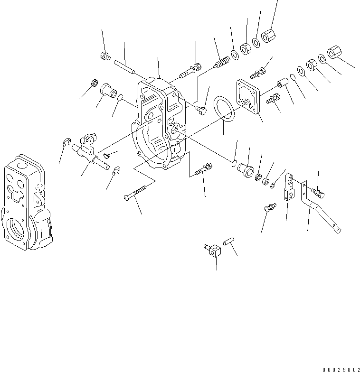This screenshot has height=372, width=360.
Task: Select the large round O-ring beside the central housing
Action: pos(223,110)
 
